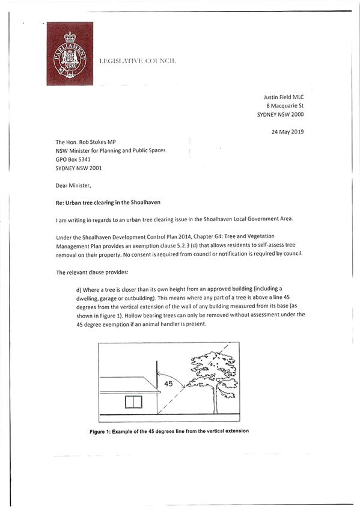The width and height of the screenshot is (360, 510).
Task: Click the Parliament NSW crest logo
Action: (x=70, y=54)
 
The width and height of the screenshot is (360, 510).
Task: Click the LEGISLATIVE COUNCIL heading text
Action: (x=137, y=62)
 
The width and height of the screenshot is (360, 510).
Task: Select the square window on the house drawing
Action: (x=132, y=402)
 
